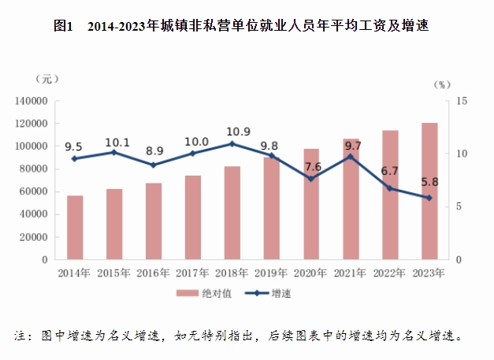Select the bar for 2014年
(75, 228)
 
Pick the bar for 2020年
(310, 204)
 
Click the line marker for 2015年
(114, 152)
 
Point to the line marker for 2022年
(389, 188)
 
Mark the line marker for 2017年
(192, 154)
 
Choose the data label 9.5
(73, 147)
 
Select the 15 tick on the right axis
(462, 102)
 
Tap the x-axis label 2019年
(271, 273)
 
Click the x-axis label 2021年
(350, 273)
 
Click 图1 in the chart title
(63, 27)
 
